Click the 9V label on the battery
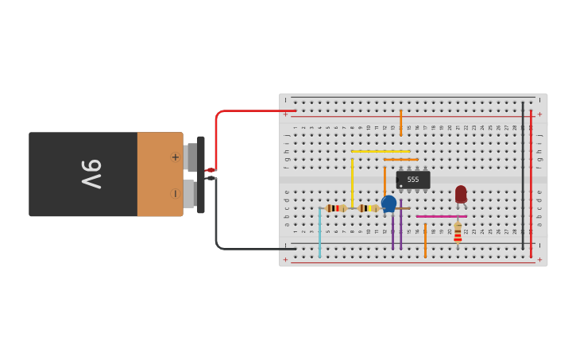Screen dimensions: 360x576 pyautogui.click(x=91, y=174)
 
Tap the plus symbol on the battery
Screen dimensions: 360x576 pyautogui.click(x=175, y=157)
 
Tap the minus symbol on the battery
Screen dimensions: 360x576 pyautogui.click(x=175, y=193)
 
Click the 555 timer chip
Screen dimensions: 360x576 pyautogui.click(x=413, y=180)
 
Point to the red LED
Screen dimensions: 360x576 pyautogui.click(x=461, y=194)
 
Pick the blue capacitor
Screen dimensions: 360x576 pyautogui.click(x=389, y=203)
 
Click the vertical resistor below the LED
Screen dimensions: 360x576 pyautogui.click(x=458, y=231)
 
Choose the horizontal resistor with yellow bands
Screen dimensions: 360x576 pyautogui.click(x=368, y=208)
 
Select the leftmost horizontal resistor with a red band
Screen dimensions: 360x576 pyautogui.click(x=336, y=208)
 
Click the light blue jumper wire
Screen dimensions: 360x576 pyautogui.click(x=320, y=233)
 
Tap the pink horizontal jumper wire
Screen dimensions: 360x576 pyautogui.click(x=441, y=216)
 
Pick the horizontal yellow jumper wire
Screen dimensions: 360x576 pyautogui.click(x=381, y=151)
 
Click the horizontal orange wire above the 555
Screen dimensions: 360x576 pyautogui.click(x=401, y=160)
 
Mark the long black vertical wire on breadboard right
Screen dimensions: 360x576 pyautogui.click(x=523, y=175)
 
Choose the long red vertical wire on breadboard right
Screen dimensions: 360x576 pyautogui.click(x=531, y=183)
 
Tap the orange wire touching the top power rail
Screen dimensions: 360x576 pyautogui.click(x=400, y=122)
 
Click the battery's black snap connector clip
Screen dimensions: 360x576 pyautogui.click(x=201, y=174)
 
